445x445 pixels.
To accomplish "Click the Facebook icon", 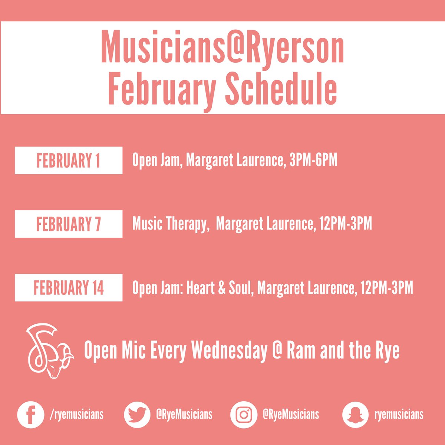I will (x=31, y=415).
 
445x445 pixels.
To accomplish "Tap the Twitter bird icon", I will (x=137, y=415).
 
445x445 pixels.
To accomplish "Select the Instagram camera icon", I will (x=244, y=415).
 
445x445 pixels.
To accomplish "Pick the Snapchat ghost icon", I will (x=355, y=415).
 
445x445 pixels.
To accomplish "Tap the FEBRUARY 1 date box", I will (x=69, y=161).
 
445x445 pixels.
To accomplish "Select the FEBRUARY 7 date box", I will (x=69, y=224).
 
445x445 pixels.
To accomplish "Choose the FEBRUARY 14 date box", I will (x=69, y=288).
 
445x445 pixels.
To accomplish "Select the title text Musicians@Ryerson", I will (x=222, y=48).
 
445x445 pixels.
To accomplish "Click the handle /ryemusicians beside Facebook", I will (x=76, y=414).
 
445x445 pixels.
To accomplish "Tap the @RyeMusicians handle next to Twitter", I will (x=184, y=414).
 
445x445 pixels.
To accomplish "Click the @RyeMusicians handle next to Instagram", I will (x=291, y=414).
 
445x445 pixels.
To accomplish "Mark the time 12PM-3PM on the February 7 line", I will (x=343, y=224).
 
